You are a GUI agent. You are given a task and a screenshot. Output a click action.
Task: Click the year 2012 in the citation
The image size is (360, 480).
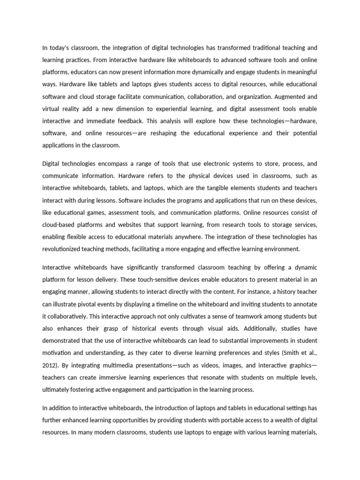tap(50, 365)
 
